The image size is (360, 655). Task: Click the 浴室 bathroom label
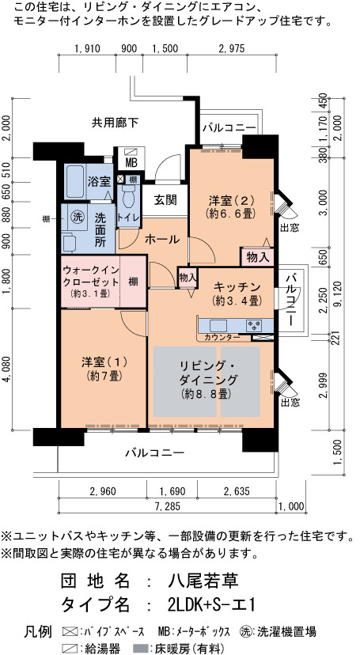pyautogui.click(x=99, y=182)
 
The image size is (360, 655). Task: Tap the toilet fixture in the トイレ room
pyautogui.click(x=129, y=196)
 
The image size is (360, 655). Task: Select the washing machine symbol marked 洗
pyautogui.click(x=77, y=217)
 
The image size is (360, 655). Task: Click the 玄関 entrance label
pyautogui.click(x=165, y=199)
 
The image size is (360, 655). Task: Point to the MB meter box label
pyautogui.click(x=131, y=162)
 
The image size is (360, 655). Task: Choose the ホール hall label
pyautogui.click(x=162, y=240)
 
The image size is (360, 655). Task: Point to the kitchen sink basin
pyautogui.click(x=218, y=325)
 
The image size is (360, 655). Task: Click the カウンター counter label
pyautogui.click(x=222, y=337)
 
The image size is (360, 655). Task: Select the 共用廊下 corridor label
pyautogui.click(x=115, y=123)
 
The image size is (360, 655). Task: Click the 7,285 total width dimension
pyautogui.click(x=167, y=506)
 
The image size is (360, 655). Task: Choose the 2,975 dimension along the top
pyautogui.click(x=231, y=48)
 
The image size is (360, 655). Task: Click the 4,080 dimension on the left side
pyautogui.click(x=7, y=369)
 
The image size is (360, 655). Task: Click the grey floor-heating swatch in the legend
pyautogui.click(x=140, y=649)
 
